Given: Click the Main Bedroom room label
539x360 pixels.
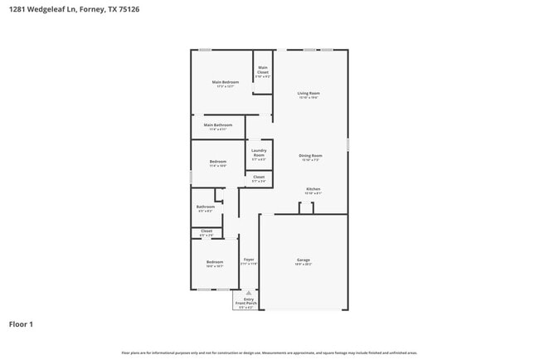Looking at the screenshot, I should click(226, 82).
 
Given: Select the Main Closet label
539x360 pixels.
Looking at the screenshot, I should click(263, 70).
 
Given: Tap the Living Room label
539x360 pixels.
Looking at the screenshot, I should click(308, 93).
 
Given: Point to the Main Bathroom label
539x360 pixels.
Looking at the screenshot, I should click(218, 125).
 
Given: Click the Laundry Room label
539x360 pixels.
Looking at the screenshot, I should click(259, 153).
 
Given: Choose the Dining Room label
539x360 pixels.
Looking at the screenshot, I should click(310, 155).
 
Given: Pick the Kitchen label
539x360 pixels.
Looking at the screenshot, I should click(313, 189).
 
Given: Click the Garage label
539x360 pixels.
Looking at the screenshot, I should click(303, 260).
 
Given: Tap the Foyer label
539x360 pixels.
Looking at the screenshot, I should click(249, 260).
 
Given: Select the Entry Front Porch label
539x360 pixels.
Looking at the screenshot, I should click(245, 302).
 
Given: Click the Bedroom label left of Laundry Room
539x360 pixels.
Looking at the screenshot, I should click(218, 161).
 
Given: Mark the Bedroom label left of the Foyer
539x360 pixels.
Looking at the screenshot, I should click(215, 262).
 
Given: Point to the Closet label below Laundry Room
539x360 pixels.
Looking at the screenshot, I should click(259, 177).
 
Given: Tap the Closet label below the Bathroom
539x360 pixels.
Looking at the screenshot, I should click(206, 231).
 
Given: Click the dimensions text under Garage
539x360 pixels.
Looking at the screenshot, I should click(303, 265).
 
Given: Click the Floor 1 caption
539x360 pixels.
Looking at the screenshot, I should click(21, 324).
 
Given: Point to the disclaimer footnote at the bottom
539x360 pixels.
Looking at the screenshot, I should click(269, 353).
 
